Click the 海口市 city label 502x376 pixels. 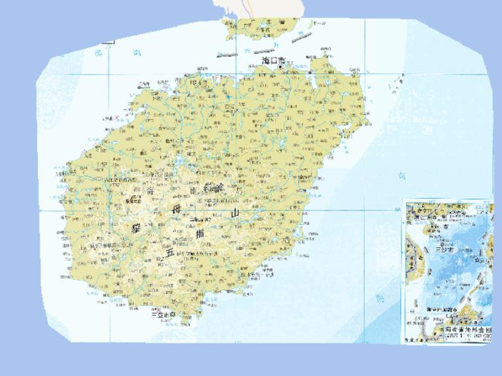coord(269,60)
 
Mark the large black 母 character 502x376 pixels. coord(175,210)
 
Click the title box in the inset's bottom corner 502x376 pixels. coord(465,333)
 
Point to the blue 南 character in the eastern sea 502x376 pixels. coord(401,175)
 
